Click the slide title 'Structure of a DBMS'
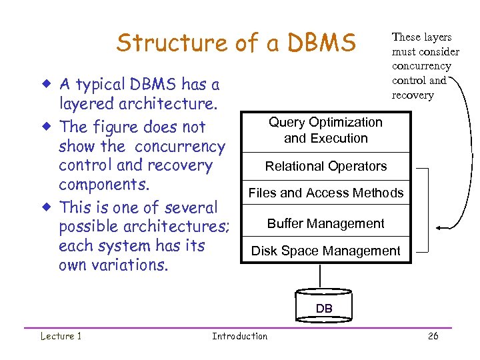coord(236,43)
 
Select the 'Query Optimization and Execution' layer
coord(325,131)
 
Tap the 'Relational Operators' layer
coord(325,166)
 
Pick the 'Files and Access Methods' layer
coord(325,193)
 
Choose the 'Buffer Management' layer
coord(325,223)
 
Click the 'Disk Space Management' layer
coord(325,251)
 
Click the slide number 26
coord(433,336)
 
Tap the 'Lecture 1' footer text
coord(61,336)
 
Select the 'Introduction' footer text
coord(239,336)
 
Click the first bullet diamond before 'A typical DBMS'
coord(47,85)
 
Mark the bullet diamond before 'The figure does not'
coord(47,127)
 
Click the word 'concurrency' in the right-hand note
coord(421,66)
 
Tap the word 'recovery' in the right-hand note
coord(412,95)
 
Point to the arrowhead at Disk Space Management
coord(417,252)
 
